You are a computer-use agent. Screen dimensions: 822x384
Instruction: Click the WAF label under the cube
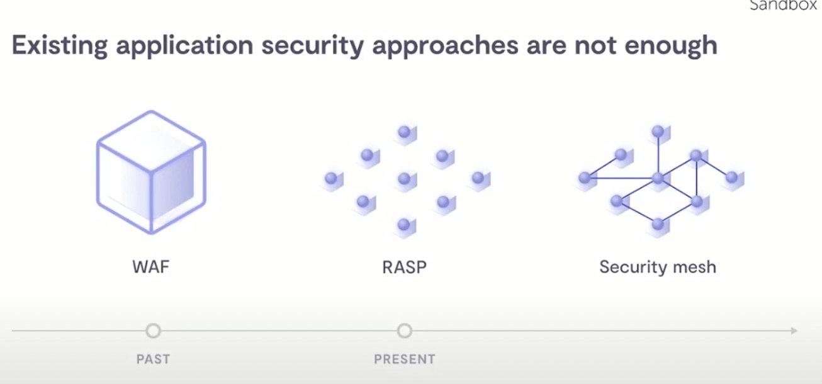pyautogui.click(x=151, y=267)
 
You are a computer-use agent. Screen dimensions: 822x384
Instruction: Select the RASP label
pyautogui.click(x=404, y=267)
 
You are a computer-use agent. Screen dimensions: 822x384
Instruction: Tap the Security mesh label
pyautogui.click(x=658, y=267)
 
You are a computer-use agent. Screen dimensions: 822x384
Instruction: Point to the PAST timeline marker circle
pyautogui.click(x=153, y=330)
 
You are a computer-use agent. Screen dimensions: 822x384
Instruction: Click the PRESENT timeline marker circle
pyautogui.click(x=405, y=330)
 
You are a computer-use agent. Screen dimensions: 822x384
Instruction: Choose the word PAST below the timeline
pyautogui.click(x=153, y=359)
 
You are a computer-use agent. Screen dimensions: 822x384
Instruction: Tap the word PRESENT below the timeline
pyautogui.click(x=405, y=359)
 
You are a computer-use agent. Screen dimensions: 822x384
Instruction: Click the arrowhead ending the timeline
pyautogui.click(x=794, y=330)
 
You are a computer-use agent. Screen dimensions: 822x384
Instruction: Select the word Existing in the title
pyautogui.click(x=59, y=46)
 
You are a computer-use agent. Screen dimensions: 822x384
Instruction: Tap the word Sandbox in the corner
pyautogui.click(x=787, y=6)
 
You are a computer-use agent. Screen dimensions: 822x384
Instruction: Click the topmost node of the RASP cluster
pyautogui.click(x=404, y=132)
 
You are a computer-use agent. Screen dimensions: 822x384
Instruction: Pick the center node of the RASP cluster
pyautogui.click(x=404, y=179)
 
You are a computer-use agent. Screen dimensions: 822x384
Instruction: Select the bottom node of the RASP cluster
pyautogui.click(x=404, y=224)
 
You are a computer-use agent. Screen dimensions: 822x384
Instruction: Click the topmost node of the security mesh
pyautogui.click(x=658, y=132)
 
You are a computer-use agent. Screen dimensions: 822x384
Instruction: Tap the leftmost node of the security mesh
pyautogui.click(x=585, y=178)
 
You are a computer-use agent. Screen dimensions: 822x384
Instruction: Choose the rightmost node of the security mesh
pyautogui.click(x=731, y=178)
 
